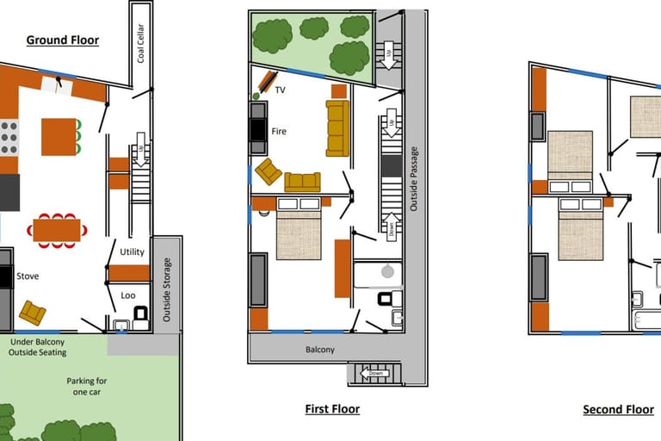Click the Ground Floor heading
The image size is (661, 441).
coord(62,40)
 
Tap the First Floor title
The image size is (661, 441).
coord(332,409)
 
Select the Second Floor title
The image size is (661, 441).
coord(619,409)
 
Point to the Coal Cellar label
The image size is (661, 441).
coord(141,43)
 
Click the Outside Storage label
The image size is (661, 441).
coord(167,290)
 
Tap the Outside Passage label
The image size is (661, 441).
coord(413,179)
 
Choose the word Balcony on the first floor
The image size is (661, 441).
coord(320,350)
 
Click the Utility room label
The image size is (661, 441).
coord(132,252)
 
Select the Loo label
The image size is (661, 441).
coord(128,295)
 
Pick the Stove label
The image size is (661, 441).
coord(28,276)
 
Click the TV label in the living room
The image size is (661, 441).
coord(280,90)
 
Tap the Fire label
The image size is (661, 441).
coord(279,131)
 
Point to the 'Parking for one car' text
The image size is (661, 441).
coord(86,386)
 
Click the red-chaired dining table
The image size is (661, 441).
coord(57,231)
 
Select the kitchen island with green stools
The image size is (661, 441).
coord(61,137)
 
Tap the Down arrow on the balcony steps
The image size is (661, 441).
coord(374,374)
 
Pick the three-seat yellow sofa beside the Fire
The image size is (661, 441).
coord(337,128)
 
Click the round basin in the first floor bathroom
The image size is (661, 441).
coord(387,271)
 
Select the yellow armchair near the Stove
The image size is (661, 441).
coord(33,313)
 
